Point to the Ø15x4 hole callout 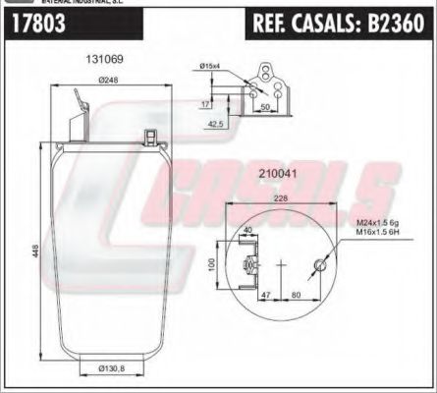[x=209, y=66]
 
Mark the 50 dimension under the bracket [x=265, y=105]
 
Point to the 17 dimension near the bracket [x=206, y=102]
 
